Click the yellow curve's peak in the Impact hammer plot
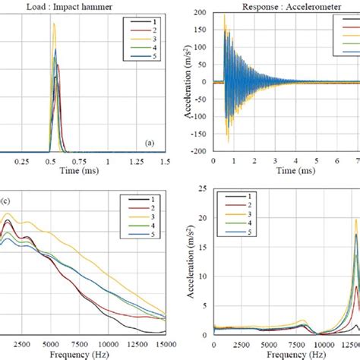(x=53, y=24)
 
